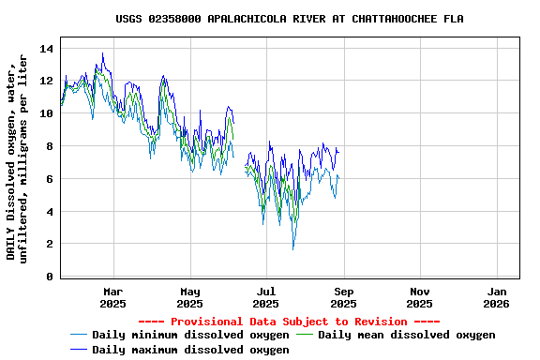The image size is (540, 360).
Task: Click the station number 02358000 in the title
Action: [175, 19]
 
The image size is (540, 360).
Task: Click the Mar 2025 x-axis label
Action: [113, 298]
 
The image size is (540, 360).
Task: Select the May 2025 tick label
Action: [190, 298]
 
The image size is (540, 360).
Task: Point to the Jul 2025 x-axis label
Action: [266, 298]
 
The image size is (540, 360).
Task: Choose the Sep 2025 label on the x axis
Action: [344, 298]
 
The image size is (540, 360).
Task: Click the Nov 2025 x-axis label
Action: [420, 298]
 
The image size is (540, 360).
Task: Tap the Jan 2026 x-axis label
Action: [496, 298]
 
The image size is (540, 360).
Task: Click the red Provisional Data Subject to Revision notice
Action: [289, 322]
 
